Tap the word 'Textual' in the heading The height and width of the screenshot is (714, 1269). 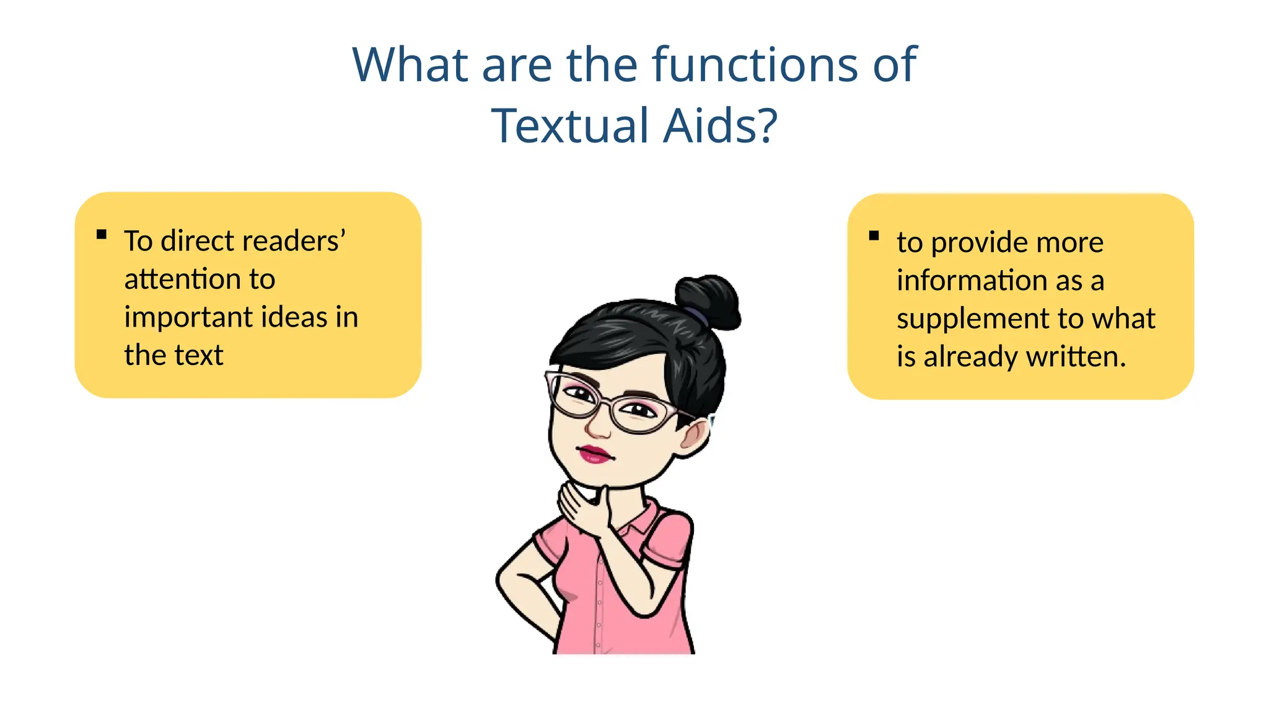(x=569, y=126)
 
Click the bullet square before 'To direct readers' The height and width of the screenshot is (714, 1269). (x=102, y=234)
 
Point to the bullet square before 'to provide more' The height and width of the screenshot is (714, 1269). (x=874, y=236)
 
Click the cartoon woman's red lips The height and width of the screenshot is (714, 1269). (x=595, y=454)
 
